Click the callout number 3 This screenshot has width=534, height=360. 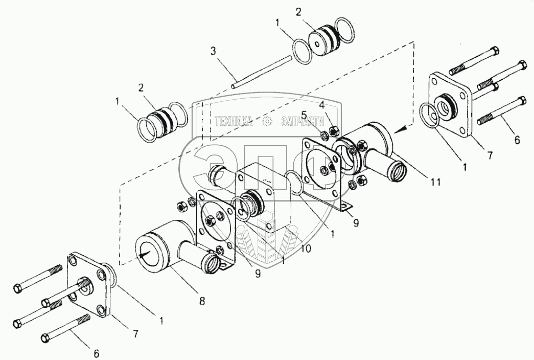213,51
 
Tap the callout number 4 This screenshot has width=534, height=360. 322,105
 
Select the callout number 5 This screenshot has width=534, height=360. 304,115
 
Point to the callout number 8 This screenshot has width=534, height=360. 202,301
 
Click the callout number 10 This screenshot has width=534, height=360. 306,249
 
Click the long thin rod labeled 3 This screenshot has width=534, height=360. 262,73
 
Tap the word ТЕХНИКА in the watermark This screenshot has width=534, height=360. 234,121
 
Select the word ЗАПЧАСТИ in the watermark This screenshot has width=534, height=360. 303,121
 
